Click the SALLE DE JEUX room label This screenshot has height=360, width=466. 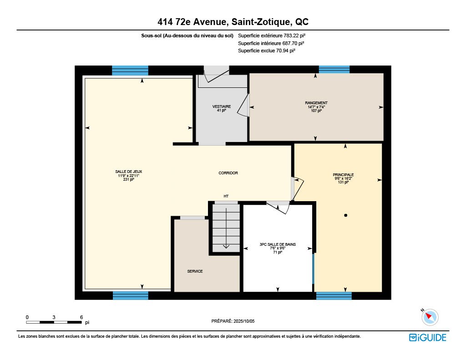tap(128, 172)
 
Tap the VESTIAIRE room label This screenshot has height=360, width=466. tap(222, 106)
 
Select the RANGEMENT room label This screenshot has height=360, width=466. tap(316, 103)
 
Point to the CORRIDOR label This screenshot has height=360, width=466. tap(228, 173)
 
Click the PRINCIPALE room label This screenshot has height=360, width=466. tap(343, 175)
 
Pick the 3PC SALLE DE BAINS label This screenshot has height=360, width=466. tap(278, 244)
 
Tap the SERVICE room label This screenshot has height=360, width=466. tap(195, 271)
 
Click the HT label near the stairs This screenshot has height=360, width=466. tap(226, 196)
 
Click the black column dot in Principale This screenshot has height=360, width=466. tap(345, 215)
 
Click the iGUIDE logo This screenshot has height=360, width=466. tap(427, 337)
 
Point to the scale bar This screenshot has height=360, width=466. tap(54, 322)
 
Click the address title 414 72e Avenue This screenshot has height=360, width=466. tap(233, 22)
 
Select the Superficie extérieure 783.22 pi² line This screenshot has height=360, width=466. tap(272, 35)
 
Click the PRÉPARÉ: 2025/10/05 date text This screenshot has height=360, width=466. tap(233, 321)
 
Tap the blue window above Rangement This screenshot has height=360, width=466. tap(334, 70)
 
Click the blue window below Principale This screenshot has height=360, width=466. tap(334, 296)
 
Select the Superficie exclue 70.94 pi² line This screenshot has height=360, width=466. tap(267, 51)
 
